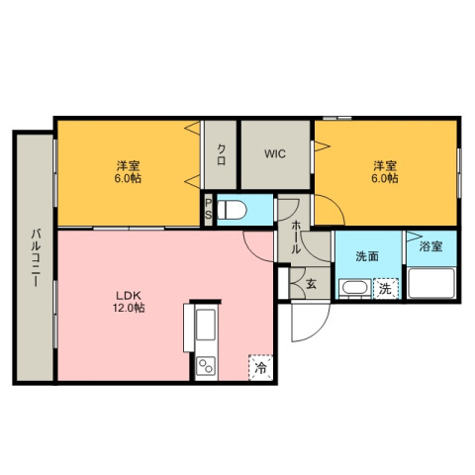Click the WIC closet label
[x=275, y=153]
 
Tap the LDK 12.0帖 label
[x=129, y=302]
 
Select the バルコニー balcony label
[x=36, y=257]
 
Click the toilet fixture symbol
[x=233, y=210]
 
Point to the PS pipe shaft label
[x=209, y=209]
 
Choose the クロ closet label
[x=221, y=155]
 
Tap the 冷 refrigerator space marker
[x=260, y=367]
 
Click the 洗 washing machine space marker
[x=385, y=289]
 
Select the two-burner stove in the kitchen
[x=206, y=366]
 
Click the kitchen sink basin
[x=206, y=325]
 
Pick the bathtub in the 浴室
[x=431, y=283]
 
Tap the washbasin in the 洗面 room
[x=354, y=287]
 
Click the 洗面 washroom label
[x=367, y=256]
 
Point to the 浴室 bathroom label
[x=430, y=246]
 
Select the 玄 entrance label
[x=311, y=283]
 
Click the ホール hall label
[x=296, y=237]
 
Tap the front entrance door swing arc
[x=320, y=331]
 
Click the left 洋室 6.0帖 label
[x=128, y=171]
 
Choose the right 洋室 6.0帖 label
[x=385, y=171]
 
